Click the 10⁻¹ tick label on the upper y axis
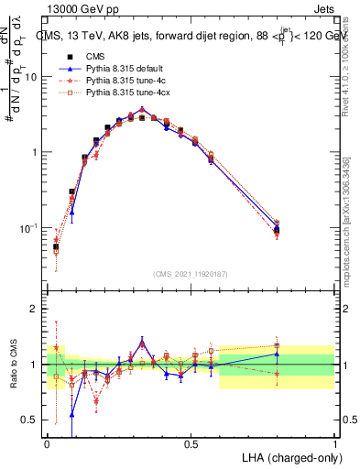30,227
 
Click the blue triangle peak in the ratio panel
141,342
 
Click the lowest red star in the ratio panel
96,400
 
